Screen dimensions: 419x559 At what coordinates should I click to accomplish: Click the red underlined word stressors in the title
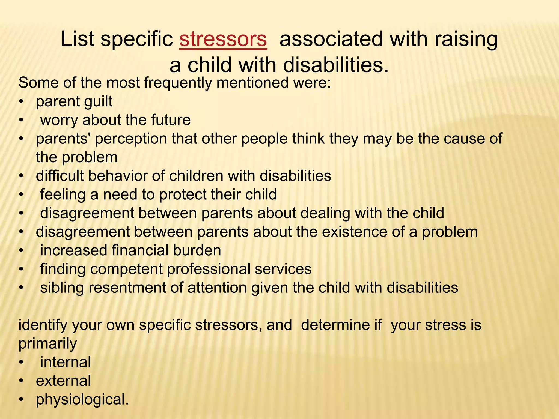(223, 39)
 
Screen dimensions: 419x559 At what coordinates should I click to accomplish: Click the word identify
(43, 325)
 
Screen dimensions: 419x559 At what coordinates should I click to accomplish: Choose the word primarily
(47, 343)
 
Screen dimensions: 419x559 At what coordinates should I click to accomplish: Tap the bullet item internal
(66, 362)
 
